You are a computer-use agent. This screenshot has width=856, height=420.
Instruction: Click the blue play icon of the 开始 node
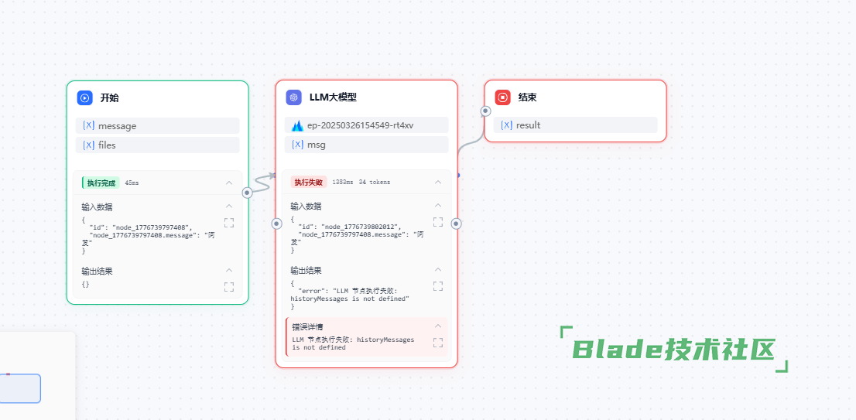tap(85, 98)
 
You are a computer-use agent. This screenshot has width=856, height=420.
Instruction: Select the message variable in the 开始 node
tap(117, 126)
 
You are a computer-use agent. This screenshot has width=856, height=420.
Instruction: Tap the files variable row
tap(107, 145)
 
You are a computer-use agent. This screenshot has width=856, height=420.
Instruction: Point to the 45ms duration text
tap(132, 183)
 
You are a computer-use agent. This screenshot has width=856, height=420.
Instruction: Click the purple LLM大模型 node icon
tap(293, 97)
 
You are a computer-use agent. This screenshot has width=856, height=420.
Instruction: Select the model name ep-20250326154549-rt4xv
tap(360, 125)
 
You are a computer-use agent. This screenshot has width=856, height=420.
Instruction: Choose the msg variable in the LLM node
tap(317, 145)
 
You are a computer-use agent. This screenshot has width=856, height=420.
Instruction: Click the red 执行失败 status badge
tap(308, 182)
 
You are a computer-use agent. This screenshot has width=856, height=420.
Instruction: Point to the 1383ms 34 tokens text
tap(361, 182)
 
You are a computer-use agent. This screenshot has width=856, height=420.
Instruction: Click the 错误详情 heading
tap(308, 326)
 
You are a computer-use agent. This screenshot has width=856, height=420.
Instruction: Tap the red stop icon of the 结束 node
tap(503, 97)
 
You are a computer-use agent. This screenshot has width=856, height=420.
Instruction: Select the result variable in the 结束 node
tap(528, 125)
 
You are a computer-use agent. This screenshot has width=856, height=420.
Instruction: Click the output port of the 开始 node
tap(248, 193)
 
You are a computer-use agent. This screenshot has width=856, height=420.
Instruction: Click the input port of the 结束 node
tap(485, 111)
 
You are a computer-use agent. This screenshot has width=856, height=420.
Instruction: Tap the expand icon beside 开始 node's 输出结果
tap(229, 286)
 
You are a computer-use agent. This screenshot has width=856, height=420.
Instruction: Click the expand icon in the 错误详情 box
tap(438, 342)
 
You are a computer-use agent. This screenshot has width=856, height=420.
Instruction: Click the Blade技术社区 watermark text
tap(673, 350)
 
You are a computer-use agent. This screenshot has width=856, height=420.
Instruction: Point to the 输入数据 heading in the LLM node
tap(306, 207)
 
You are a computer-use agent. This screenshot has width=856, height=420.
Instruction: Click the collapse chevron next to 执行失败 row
tap(438, 182)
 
